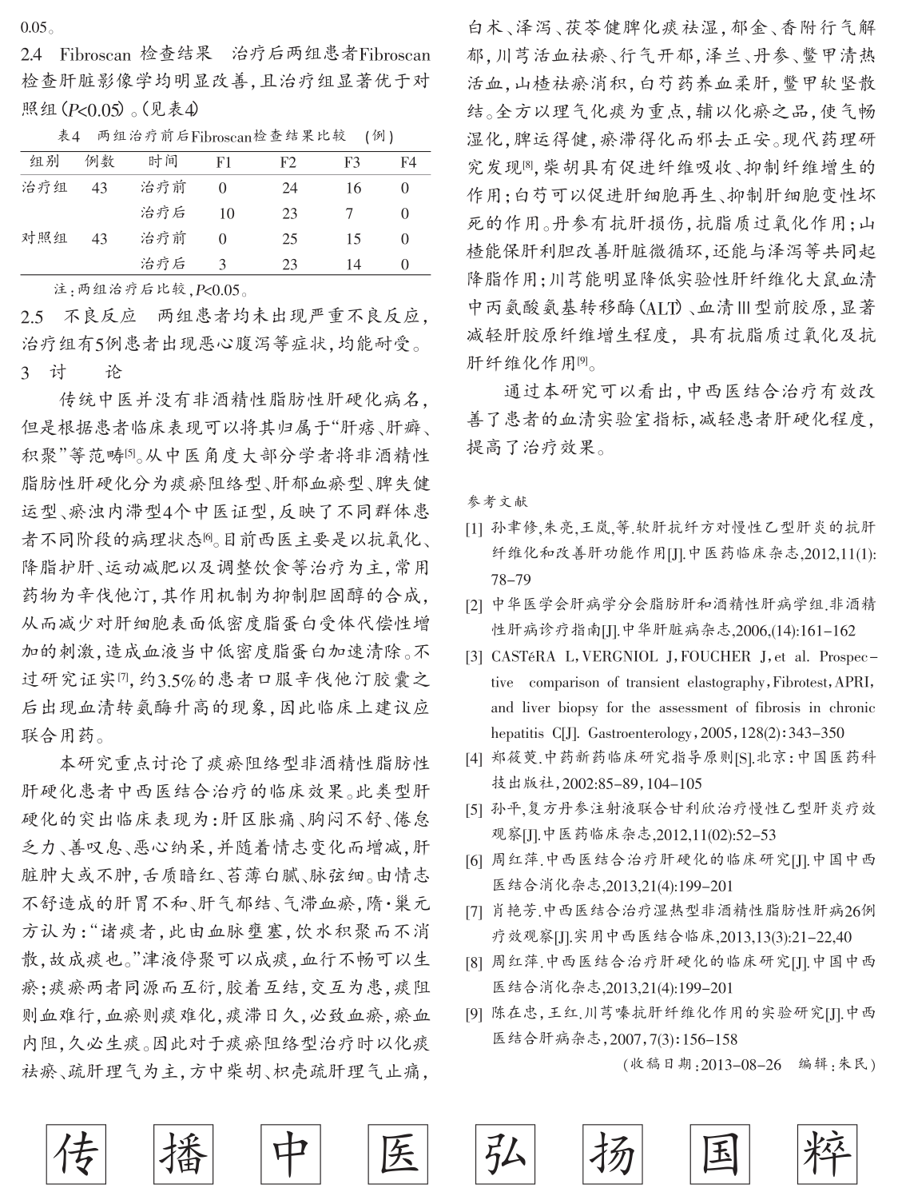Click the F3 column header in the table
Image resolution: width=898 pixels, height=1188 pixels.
[352, 162]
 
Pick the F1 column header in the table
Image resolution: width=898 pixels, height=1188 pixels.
[224, 162]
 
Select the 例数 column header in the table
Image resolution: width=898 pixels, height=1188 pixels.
[100, 162]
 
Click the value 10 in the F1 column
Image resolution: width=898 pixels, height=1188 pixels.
[226, 213]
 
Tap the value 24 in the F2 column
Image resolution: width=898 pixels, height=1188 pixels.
[289, 189]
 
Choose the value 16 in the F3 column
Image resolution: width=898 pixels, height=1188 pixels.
[353, 189]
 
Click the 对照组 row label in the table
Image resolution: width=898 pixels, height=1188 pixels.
[45, 238]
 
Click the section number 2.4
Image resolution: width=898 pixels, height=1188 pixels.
[33, 55]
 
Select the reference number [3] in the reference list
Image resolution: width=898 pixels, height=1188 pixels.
[475, 657]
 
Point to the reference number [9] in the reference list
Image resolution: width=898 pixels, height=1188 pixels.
[475, 1015]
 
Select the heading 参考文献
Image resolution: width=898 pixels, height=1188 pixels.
[496, 502]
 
